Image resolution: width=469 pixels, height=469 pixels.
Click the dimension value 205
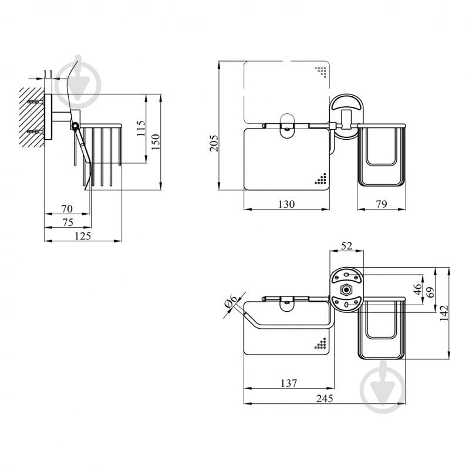(214, 143)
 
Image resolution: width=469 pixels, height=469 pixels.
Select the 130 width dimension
(286, 204)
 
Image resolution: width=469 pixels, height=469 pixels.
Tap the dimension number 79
(382, 204)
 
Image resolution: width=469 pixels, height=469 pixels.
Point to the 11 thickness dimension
(48, 73)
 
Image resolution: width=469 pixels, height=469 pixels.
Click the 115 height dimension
(141, 129)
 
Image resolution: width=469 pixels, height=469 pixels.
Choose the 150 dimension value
(156, 141)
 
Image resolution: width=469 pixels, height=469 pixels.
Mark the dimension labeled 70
(67, 208)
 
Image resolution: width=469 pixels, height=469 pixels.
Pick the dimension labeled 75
(68, 222)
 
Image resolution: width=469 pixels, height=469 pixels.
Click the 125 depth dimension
(83, 236)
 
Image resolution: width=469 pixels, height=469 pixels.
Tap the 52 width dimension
(346, 246)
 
